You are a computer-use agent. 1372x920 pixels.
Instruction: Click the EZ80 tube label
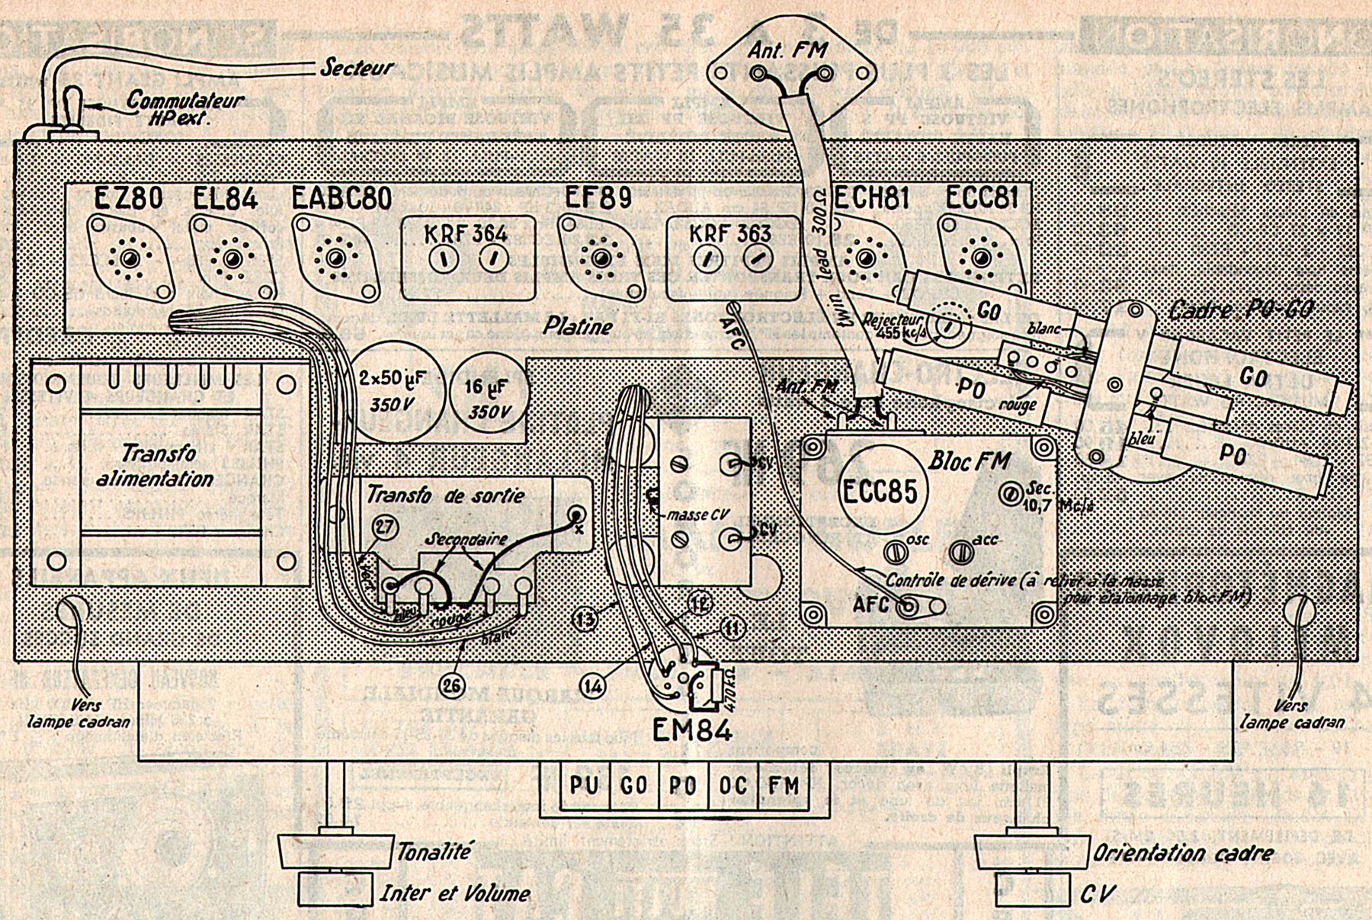128,199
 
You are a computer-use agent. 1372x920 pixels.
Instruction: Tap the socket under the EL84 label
232,259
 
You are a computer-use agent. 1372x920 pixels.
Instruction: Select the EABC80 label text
341,198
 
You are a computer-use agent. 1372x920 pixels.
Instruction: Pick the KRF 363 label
730,233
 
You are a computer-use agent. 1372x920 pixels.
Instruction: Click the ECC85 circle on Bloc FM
879,490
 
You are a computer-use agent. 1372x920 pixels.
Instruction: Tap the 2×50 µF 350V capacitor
392,392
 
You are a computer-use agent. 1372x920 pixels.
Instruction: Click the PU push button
584,786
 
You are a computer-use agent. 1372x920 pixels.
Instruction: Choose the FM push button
783,786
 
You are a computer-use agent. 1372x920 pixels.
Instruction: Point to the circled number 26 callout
452,685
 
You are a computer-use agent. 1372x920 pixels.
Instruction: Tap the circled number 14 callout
593,686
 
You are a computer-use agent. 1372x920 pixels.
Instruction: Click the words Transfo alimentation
156,466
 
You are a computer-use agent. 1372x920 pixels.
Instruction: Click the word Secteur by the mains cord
356,67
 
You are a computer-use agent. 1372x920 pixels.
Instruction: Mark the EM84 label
692,730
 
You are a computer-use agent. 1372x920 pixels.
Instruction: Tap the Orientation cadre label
1183,853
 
